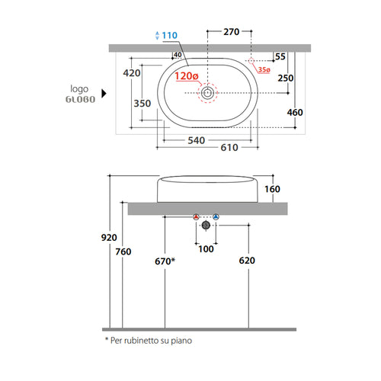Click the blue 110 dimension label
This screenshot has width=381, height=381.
click(x=170, y=35)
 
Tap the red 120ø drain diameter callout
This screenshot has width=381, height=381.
click(x=187, y=76)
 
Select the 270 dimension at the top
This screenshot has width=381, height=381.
click(x=232, y=32)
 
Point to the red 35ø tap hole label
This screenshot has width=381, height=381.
click(x=264, y=69)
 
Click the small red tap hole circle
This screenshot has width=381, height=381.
click(x=251, y=61)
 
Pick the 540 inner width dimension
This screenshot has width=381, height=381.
click(x=197, y=140)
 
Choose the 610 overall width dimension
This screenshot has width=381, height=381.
click(x=229, y=148)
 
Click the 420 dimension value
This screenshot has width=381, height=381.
click(x=132, y=73)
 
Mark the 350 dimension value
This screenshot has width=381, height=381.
click(x=142, y=104)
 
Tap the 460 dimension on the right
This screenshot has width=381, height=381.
click(x=295, y=112)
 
